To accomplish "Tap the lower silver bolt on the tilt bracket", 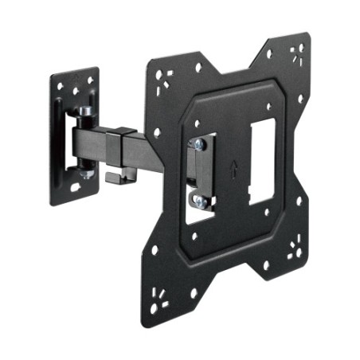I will point(198,202).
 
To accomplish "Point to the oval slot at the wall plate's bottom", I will point(76,187).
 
